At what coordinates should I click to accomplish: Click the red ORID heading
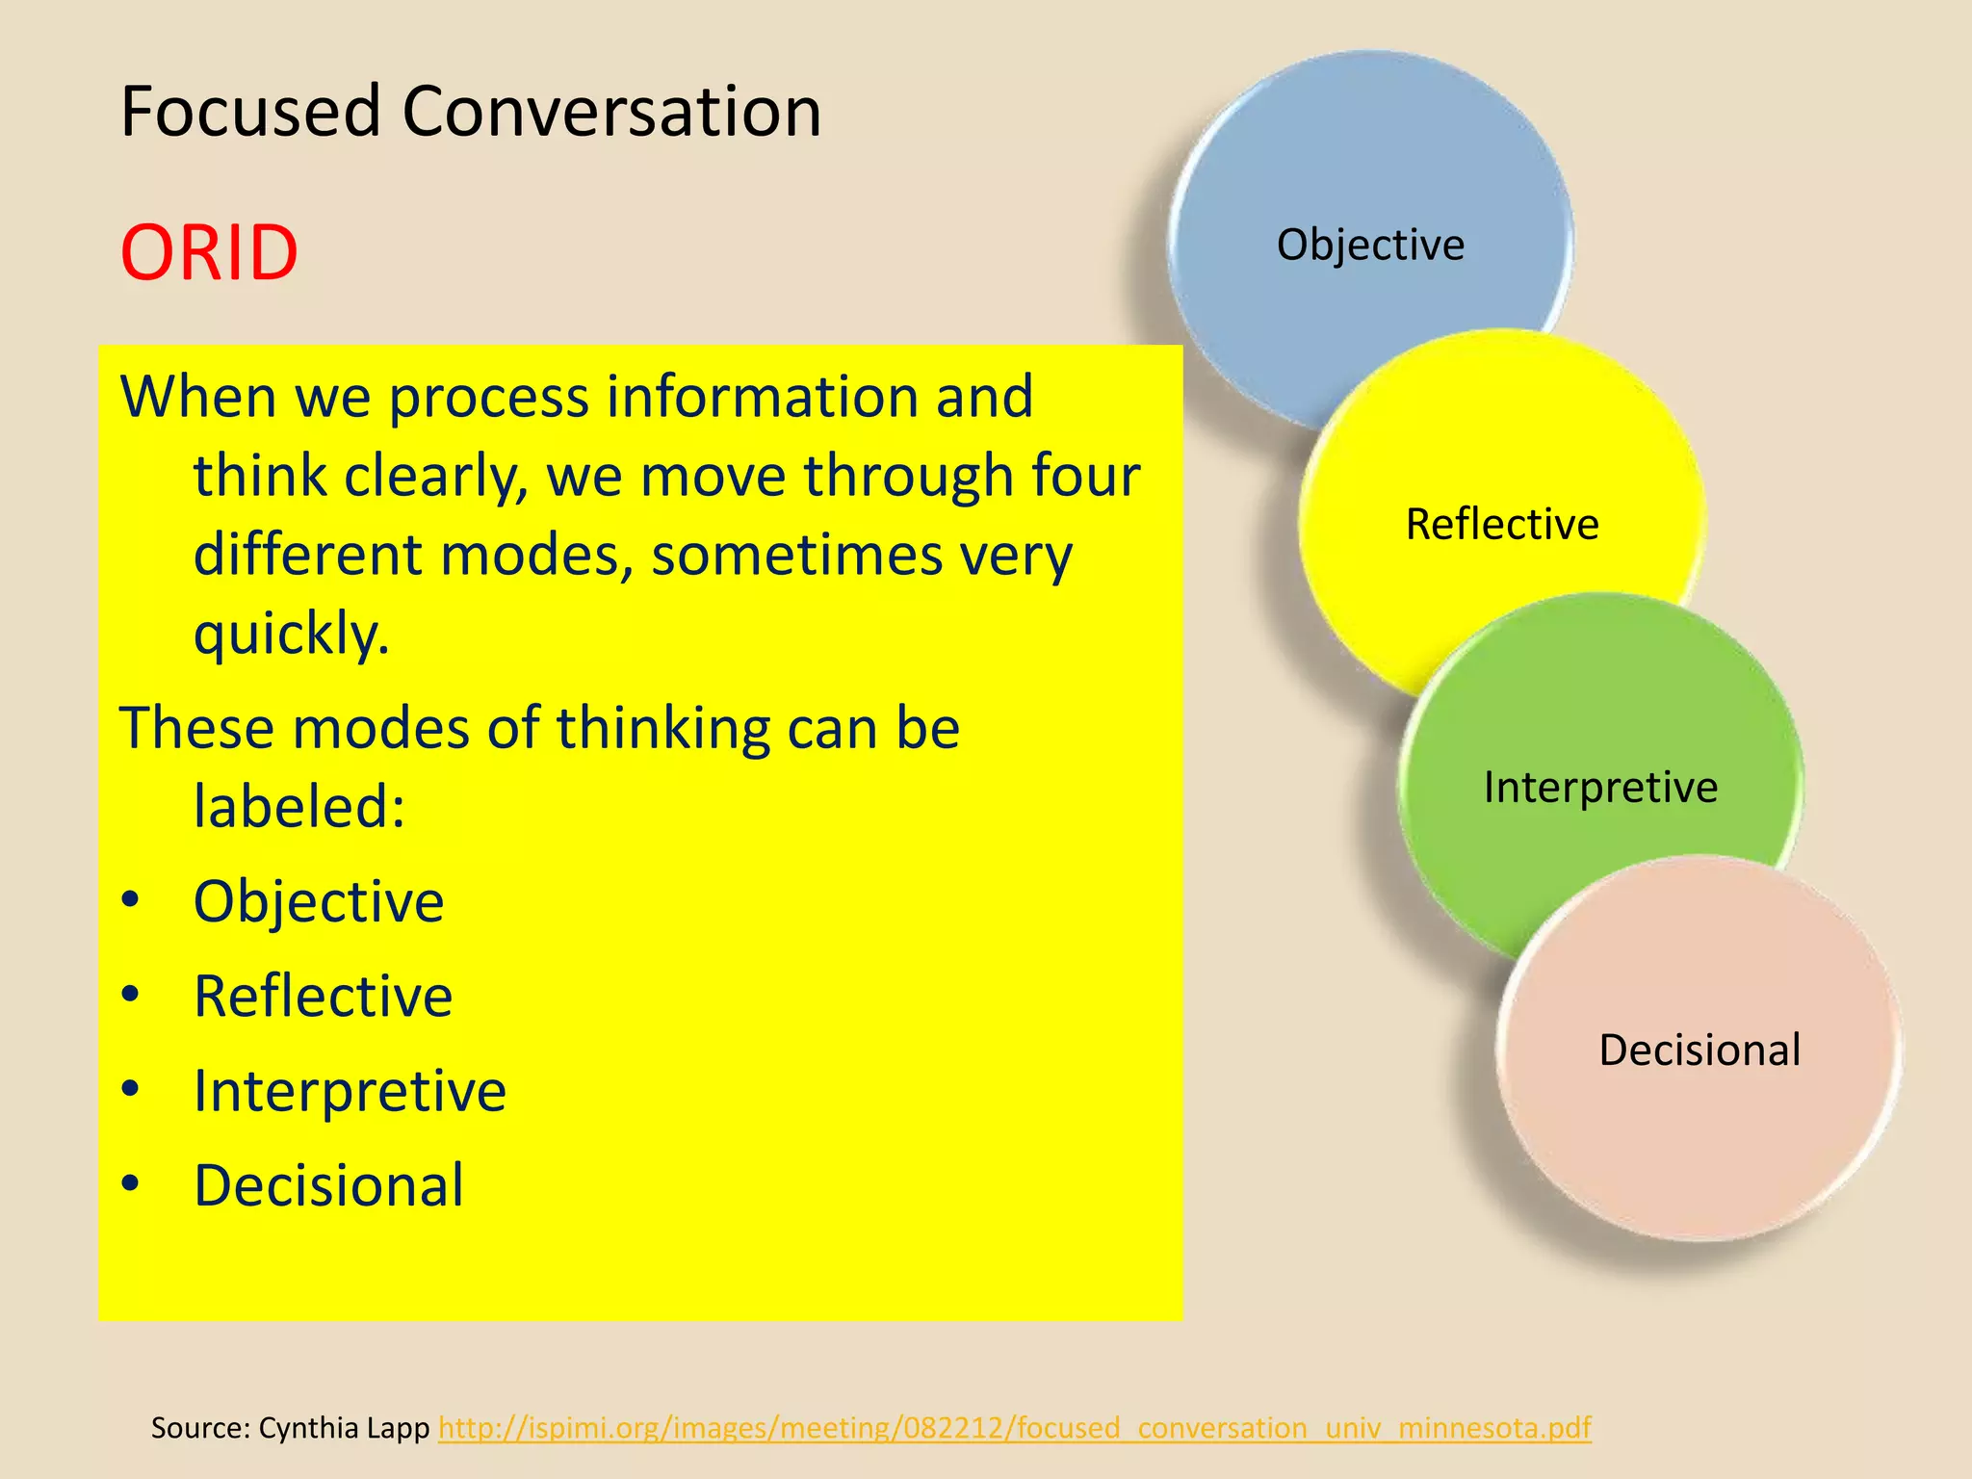point(209,252)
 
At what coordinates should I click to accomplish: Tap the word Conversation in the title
point(611,112)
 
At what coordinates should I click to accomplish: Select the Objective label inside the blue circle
point(1370,245)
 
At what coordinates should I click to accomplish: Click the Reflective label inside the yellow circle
point(1502,525)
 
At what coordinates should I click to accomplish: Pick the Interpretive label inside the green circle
point(1600,788)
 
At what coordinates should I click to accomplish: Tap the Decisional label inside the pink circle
point(1700,1050)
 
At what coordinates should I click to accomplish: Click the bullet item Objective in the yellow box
point(319,902)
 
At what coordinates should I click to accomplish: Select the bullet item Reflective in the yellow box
point(323,997)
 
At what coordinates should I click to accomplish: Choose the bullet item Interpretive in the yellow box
point(350,1091)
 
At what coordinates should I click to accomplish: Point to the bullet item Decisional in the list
point(328,1185)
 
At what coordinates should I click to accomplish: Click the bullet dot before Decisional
point(131,1183)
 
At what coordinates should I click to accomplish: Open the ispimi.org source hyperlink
point(1014,1427)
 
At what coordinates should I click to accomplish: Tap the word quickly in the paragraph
point(291,636)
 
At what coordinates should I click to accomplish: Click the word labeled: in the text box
point(299,806)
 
